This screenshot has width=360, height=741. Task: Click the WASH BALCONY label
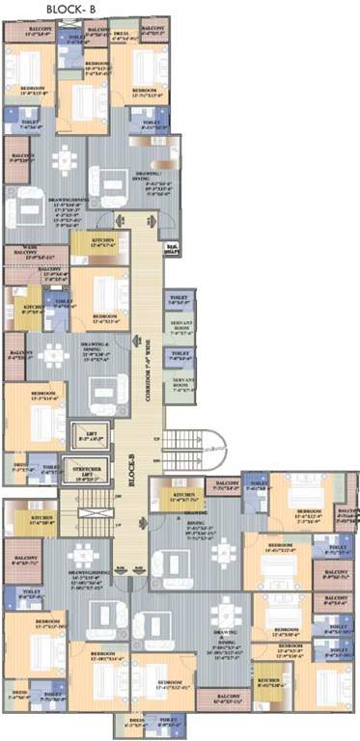pos(28,256)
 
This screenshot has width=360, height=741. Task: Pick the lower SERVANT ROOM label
pos(181,383)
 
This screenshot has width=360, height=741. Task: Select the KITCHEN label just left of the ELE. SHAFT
pos(104,241)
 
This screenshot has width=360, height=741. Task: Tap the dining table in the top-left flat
pos(64,159)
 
